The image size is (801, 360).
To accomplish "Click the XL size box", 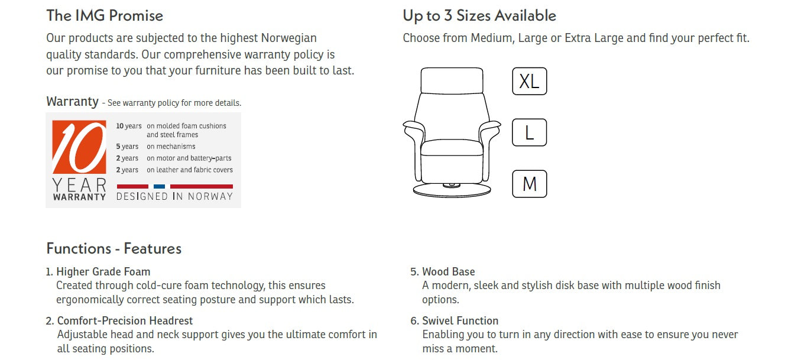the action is click(x=529, y=81).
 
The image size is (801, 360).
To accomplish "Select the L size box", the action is click(x=529, y=132).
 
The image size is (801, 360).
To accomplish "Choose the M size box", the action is click(x=529, y=184).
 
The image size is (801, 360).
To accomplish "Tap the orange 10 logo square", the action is click(x=79, y=147).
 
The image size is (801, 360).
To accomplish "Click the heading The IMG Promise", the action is click(x=105, y=16).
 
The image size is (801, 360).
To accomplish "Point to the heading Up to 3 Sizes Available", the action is click(x=479, y=16).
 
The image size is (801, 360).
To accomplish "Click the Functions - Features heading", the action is click(x=114, y=248).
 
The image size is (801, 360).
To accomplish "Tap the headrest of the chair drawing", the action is click(x=452, y=80).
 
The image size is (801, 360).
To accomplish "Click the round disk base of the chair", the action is click(x=452, y=190).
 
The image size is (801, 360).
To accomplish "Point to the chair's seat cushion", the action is click(x=452, y=147).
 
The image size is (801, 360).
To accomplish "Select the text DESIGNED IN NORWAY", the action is click(x=174, y=196).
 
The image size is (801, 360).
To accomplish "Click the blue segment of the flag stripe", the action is click(x=159, y=186).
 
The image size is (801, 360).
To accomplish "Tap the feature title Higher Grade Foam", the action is click(x=103, y=272).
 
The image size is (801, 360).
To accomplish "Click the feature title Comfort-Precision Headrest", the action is click(x=125, y=320).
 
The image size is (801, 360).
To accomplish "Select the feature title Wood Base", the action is click(x=449, y=272).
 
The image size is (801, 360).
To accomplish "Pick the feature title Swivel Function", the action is click(x=461, y=320).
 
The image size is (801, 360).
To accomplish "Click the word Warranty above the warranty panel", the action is click(x=72, y=102).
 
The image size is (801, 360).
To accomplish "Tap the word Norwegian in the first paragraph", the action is click(x=289, y=38).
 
